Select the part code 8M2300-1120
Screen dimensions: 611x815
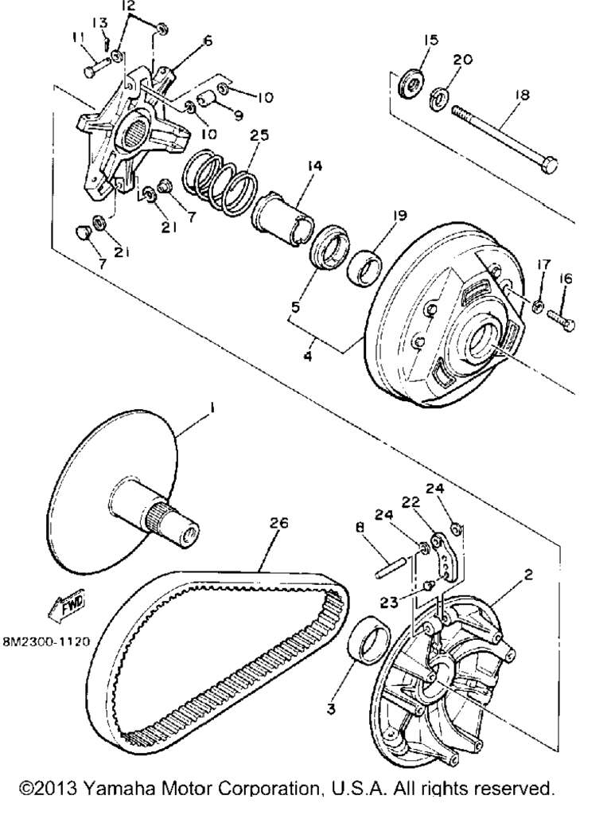pos(46,641)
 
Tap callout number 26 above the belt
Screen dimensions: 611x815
pos(278,522)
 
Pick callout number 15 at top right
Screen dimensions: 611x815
pos(430,40)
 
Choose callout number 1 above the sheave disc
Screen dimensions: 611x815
pos(212,409)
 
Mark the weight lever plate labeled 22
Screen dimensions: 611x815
pos(444,556)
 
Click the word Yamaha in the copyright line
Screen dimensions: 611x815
pos(121,788)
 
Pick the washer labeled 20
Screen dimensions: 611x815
pos(439,98)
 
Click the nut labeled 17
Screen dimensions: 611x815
pos(537,306)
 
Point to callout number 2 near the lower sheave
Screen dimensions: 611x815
pos(528,575)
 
